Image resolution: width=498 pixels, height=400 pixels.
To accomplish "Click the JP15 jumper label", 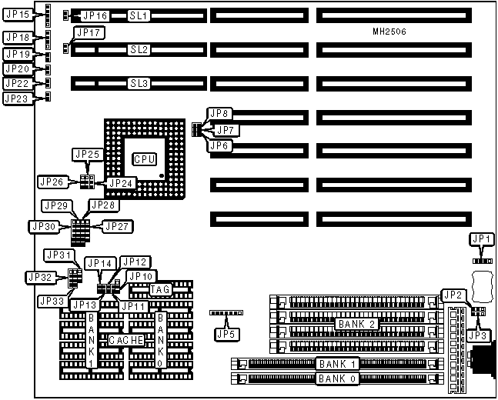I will pos(16,15).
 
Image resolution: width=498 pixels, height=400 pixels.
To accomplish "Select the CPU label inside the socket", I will pos(144,158).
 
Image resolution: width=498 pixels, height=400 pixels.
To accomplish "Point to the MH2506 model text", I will pos(389,32).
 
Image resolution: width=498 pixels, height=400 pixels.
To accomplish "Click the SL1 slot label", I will pos(139,15).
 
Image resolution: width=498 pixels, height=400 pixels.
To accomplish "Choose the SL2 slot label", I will pos(139,49).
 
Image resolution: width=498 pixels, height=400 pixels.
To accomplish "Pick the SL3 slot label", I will pos(139,83).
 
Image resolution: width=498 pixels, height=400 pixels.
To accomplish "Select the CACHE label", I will pos(124,340).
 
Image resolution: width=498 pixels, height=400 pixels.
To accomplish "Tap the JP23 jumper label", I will pos(16,98).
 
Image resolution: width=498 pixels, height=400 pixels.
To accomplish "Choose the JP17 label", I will pos(89,32).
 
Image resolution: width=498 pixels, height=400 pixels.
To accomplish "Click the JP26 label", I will pos(52,182).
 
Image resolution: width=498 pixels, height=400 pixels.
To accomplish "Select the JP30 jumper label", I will pos(43,226).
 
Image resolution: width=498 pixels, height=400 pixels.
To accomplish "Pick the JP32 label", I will pos(40,277).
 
